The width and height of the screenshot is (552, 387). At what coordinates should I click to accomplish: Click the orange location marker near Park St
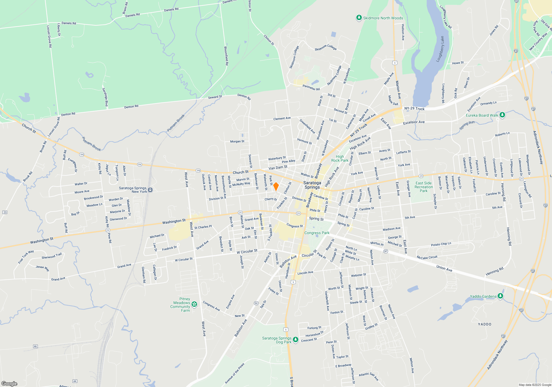pos(276,186)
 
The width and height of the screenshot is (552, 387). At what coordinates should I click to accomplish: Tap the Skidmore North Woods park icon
pos(359,18)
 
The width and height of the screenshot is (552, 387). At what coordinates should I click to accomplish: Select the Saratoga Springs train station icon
pos(150,190)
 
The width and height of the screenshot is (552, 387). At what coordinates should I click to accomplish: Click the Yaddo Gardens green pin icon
pos(500,296)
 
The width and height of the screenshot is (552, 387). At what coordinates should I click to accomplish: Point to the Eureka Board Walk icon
pos(502,115)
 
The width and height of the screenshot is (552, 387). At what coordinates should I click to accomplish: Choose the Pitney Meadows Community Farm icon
pos(194,304)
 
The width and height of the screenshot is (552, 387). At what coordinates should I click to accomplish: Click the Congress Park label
pos(317,233)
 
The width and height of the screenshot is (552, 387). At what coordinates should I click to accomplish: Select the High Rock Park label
pos(340,158)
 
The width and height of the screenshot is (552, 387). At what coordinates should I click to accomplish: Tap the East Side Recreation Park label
pos(424,187)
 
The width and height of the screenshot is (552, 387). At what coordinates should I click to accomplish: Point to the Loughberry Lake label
pos(440,49)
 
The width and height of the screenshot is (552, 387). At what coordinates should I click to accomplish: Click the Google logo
pos(9,383)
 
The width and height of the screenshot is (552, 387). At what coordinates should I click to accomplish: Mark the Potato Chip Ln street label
pos(441,244)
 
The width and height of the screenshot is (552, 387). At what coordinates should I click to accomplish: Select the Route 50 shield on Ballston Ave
pos(256,303)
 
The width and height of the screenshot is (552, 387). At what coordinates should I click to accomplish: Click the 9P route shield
pos(386,251)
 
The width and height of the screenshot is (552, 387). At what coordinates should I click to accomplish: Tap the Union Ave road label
pos(444,268)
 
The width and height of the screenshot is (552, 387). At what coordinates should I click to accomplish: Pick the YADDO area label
pos(485,324)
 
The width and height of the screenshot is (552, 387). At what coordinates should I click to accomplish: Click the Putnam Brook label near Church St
pos(92,144)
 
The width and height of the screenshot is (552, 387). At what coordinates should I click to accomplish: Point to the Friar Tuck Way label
pos(26,257)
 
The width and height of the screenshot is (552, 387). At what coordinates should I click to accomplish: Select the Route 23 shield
pos(5,212)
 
